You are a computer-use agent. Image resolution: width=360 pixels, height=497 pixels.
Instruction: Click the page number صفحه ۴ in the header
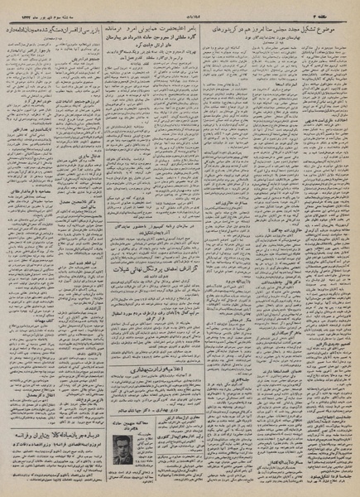[338, 6]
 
